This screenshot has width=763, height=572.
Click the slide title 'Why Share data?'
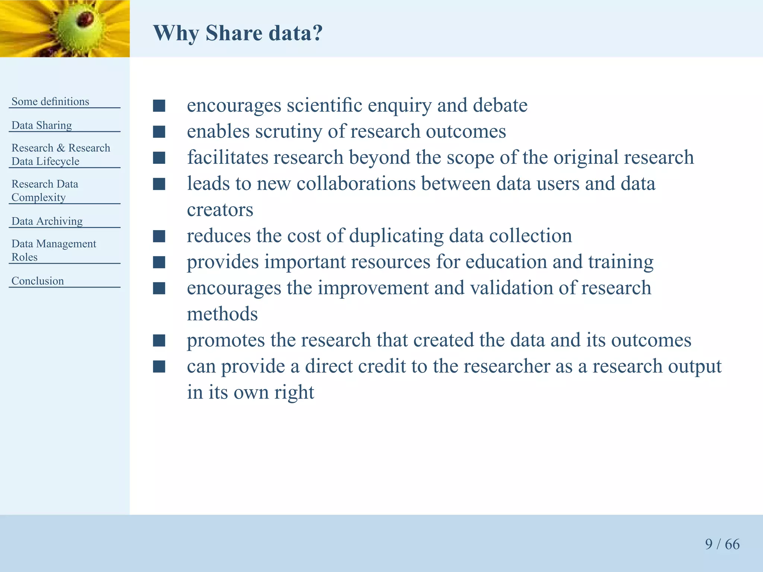point(238,33)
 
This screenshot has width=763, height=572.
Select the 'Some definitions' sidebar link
point(50,101)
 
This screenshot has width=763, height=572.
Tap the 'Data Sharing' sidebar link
point(42,125)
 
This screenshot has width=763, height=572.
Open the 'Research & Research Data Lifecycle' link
point(61,155)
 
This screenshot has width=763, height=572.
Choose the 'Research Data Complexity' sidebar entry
point(45,191)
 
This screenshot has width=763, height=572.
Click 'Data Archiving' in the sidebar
point(47,221)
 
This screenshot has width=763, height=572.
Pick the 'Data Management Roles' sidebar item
point(54,250)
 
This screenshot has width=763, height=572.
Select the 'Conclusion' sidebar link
point(38,281)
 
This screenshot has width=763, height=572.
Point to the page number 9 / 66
point(722,544)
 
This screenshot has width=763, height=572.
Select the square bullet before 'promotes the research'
point(159,340)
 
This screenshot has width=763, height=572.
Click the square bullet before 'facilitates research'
point(159,158)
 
